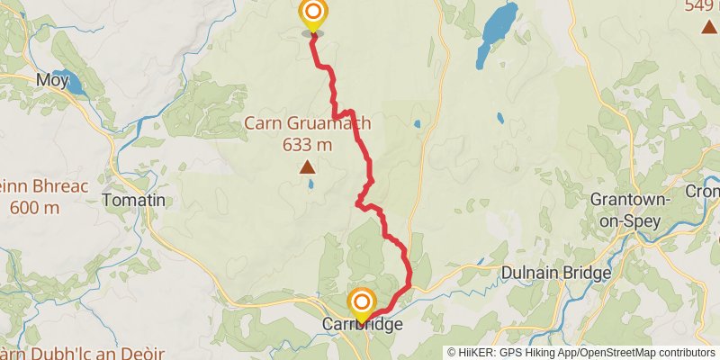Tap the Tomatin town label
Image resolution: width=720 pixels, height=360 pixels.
tap(134, 200)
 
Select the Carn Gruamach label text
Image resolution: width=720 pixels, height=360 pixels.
tap(308, 123)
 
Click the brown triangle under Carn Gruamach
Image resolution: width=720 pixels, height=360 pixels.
tap(308, 166)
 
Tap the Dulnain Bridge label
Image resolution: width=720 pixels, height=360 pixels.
tap(557, 272)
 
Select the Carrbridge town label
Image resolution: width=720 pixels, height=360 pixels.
tap(362, 324)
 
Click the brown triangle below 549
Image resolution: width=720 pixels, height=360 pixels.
tap(708, 26)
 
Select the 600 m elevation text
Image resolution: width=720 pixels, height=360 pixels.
tap(34, 207)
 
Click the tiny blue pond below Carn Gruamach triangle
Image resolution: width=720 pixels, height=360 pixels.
tap(310, 184)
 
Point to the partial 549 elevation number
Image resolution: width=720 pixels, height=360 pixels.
tap(700, 6)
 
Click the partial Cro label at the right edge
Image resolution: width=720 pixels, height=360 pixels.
tap(704, 191)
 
